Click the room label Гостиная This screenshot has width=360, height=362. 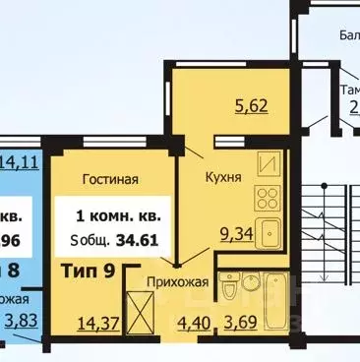(110, 179)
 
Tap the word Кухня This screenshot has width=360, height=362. (225, 178)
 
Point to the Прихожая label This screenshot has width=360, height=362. (179, 282)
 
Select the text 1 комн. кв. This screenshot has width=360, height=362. (119, 214)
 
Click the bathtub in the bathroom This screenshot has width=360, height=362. (269, 291)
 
